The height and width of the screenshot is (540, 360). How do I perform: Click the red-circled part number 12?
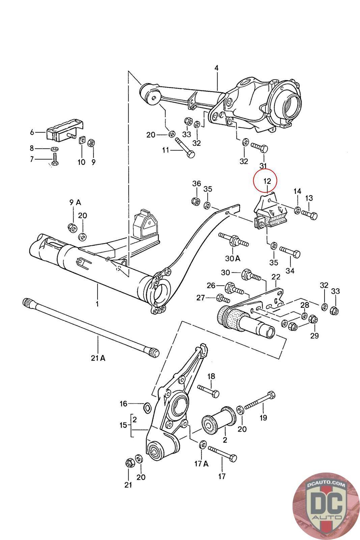265,182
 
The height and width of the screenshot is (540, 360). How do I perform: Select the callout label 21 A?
98,358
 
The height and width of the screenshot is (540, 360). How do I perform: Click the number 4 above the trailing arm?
216,68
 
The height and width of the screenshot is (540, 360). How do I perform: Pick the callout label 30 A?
232,258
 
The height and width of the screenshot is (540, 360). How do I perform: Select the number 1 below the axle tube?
97,304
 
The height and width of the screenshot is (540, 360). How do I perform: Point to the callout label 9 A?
75,202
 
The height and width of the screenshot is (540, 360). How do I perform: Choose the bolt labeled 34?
290,252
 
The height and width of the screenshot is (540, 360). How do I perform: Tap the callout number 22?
276,277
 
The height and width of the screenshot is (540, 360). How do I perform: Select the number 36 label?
196,184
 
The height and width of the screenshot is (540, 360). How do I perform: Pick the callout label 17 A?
201,463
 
